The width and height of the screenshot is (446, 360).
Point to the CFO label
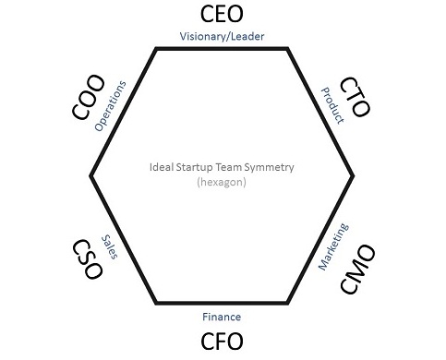(222, 342)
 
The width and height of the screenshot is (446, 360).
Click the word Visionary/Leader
(222, 37)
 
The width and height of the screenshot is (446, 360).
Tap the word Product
(331, 105)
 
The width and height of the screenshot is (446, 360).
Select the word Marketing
(333, 246)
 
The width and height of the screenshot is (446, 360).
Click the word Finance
(222, 317)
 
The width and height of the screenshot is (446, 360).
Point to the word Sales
(112, 246)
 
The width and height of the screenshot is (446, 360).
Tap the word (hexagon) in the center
(222, 183)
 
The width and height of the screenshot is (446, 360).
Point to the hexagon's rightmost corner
(354, 174)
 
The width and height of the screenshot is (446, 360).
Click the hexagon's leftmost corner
(90, 174)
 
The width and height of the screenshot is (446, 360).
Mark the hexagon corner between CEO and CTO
(288, 48)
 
